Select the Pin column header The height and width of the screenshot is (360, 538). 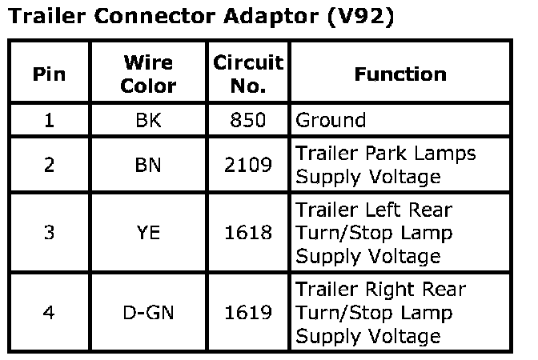[x=49, y=74]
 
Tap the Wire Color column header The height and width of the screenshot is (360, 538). [x=148, y=74]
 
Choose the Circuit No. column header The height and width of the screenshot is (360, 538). [x=248, y=74]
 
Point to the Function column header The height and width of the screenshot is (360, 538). [x=400, y=74]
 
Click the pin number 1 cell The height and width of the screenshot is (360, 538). [x=49, y=121]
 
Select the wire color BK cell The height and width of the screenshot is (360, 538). [x=148, y=121]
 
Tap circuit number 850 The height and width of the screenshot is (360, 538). [x=248, y=121]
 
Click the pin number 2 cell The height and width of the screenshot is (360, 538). [x=49, y=165]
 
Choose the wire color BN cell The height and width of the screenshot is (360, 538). [x=148, y=165]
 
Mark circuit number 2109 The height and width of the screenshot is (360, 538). [x=248, y=165]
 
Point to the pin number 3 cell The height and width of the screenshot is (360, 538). [x=49, y=233]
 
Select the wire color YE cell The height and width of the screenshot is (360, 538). [x=148, y=233]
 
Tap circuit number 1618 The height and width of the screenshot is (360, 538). [x=248, y=233]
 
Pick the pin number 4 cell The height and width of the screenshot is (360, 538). [x=49, y=313]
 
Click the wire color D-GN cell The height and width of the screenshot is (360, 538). [x=148, y=313]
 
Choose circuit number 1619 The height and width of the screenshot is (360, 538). [x=248, y=313]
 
